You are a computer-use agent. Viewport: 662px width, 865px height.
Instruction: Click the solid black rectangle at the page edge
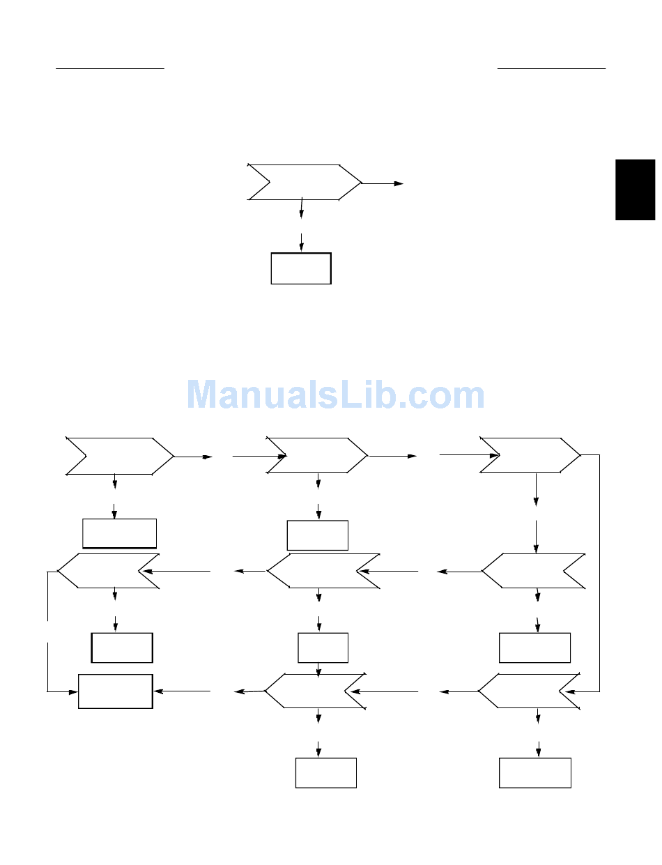pos(635,190)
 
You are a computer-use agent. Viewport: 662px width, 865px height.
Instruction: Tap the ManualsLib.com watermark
pos(335,395)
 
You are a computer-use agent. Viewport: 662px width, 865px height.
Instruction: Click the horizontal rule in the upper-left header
pos(110,68)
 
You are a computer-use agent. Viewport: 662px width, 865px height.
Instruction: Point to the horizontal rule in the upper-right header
pos(551,68)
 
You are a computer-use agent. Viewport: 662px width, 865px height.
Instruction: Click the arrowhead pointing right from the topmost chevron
pos(399,183)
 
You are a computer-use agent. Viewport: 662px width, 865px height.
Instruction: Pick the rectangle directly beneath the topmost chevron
pos(301,268)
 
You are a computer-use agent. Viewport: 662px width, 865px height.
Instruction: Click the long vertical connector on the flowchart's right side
pos(599,573)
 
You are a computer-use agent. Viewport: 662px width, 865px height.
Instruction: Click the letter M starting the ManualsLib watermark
pos(201,395)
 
